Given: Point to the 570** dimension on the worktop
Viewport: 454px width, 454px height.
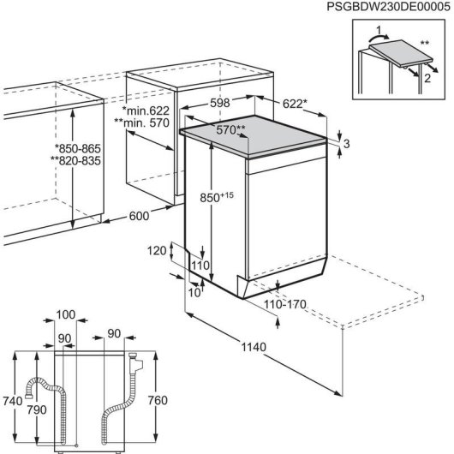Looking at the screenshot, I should [x=230, y=130].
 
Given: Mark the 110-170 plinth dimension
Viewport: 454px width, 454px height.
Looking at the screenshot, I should [x=285, y=303].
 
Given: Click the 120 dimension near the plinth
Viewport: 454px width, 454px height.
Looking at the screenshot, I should [x=154, y=251].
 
